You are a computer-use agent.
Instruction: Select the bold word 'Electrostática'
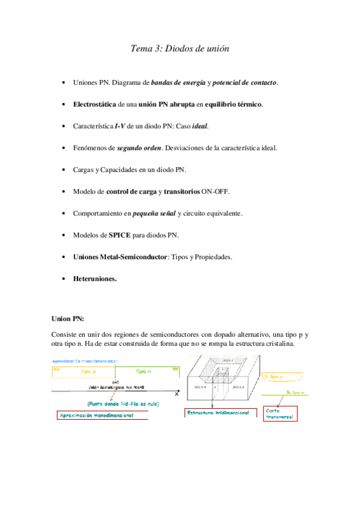tap(94, 104)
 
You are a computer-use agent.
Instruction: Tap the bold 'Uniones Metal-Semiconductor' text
tap(120, 257)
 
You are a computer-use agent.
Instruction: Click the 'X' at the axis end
tap(176, 393)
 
